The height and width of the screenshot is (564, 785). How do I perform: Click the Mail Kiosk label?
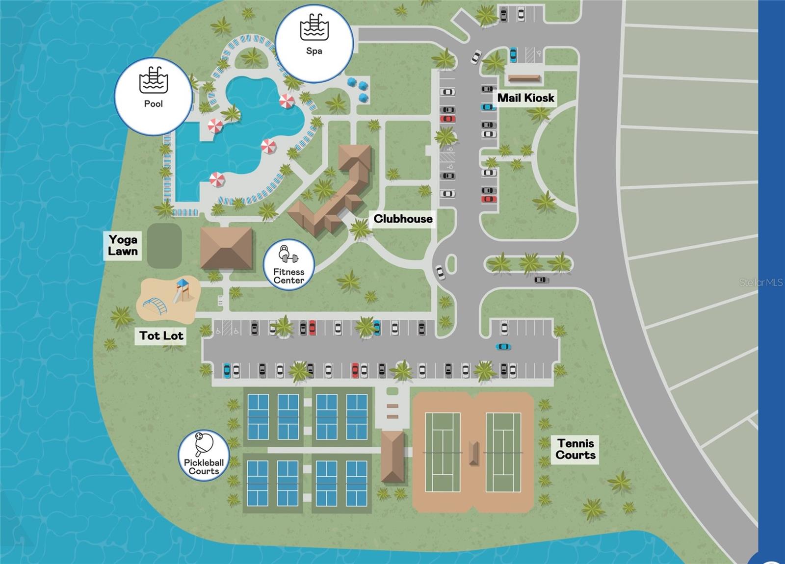(525, 98)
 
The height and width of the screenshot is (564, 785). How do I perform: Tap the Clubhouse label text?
(403, 219)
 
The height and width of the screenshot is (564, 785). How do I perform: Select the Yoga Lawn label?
(123, 245)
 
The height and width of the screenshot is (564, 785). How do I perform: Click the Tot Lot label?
(161, 335)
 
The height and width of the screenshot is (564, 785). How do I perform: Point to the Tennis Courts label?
(576, 449)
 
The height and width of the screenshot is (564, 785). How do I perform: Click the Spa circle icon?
(314, 43)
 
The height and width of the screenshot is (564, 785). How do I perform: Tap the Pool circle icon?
(153, 96)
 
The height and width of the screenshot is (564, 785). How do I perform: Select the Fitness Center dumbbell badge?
(288, 265)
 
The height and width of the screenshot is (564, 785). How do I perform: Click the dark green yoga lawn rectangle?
(164, 246)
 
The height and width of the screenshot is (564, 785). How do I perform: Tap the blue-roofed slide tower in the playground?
(182, 289)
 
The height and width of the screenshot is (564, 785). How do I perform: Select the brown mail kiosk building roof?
(524, 78)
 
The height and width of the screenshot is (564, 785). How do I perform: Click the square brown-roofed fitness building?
(226, 248)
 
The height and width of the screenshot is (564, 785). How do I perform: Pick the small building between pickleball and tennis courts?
(392, 456)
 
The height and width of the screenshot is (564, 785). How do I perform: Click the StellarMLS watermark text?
(761, 282)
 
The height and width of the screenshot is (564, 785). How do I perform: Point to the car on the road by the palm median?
(541, 280)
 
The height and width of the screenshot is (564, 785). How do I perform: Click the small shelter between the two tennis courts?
(473, 453)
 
